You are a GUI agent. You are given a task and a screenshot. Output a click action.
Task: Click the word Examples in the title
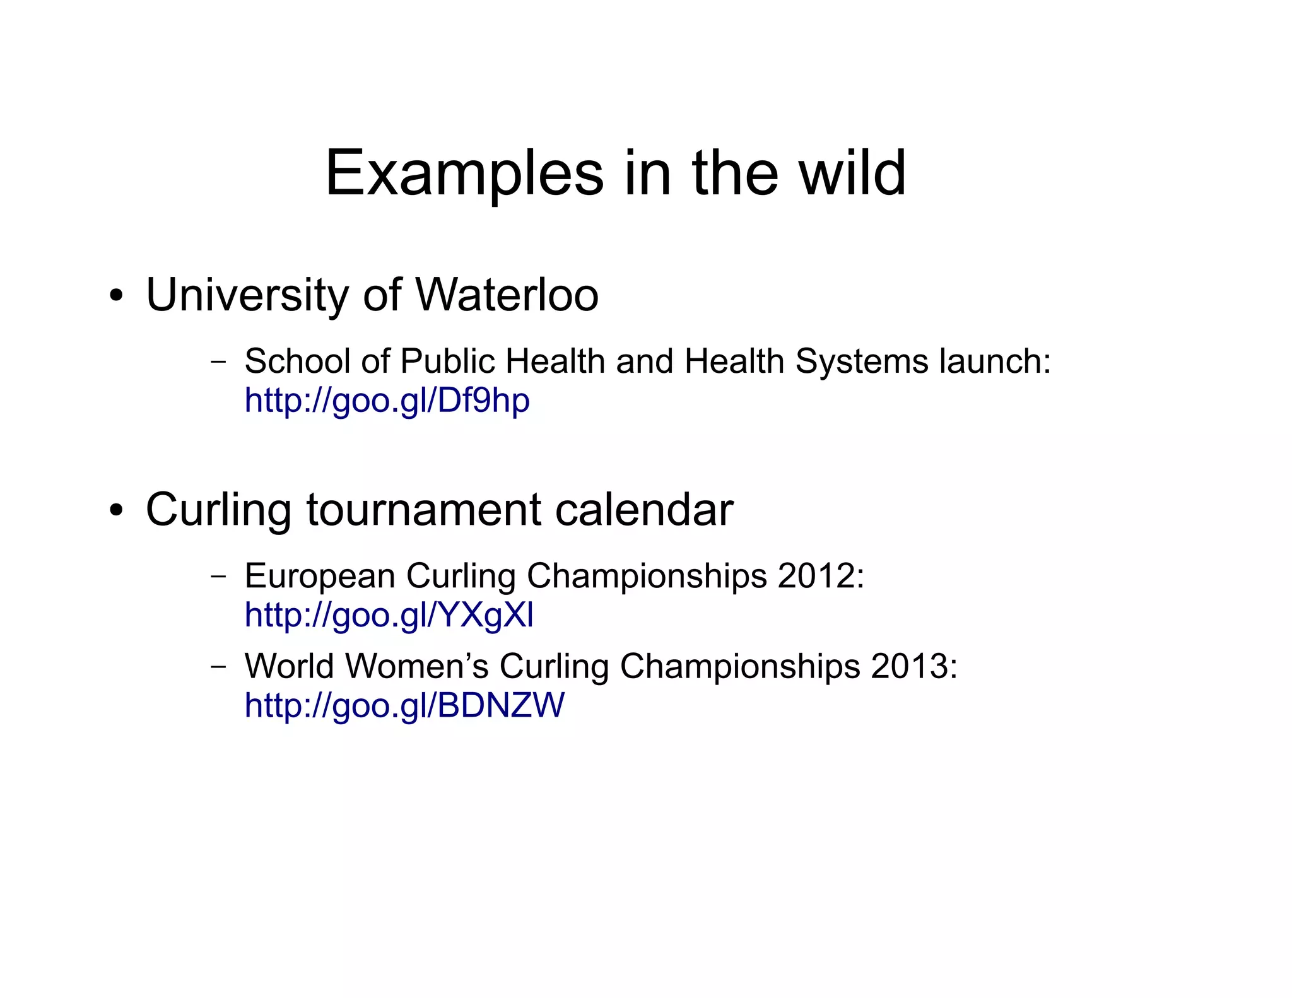tap(464, 173)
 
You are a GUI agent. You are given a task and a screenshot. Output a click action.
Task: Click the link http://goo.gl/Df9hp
tap(387, 401)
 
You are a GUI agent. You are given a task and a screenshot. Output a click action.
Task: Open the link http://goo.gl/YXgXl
tap(389, 615)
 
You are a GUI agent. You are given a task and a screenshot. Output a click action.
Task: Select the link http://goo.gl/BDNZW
tap(404, 705)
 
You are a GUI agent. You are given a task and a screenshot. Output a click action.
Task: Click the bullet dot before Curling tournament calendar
tap(115, 510)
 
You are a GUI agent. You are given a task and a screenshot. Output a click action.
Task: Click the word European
tap(319, 576)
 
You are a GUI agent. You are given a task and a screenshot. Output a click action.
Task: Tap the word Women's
tap(417, 666)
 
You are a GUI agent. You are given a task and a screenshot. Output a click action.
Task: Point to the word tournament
tap(423, 510)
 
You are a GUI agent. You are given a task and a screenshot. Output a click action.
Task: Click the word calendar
tap(644, 510)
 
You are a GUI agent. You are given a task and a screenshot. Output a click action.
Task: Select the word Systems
tap(862, 361)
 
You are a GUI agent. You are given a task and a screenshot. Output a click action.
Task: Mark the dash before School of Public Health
tap(218, 362)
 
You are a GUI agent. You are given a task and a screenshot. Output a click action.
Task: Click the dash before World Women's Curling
tap(218, 667)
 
